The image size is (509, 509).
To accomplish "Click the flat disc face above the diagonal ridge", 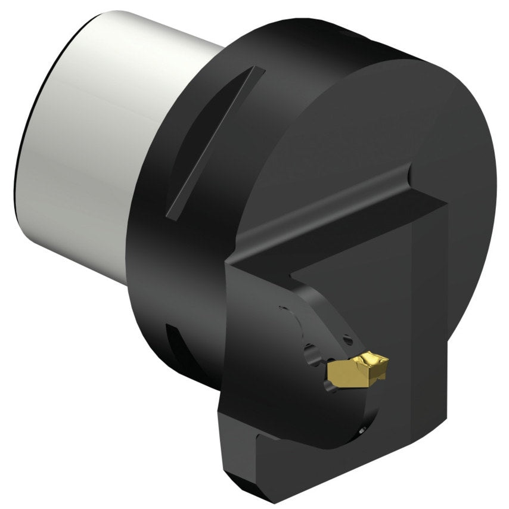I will tap(370, 119).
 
